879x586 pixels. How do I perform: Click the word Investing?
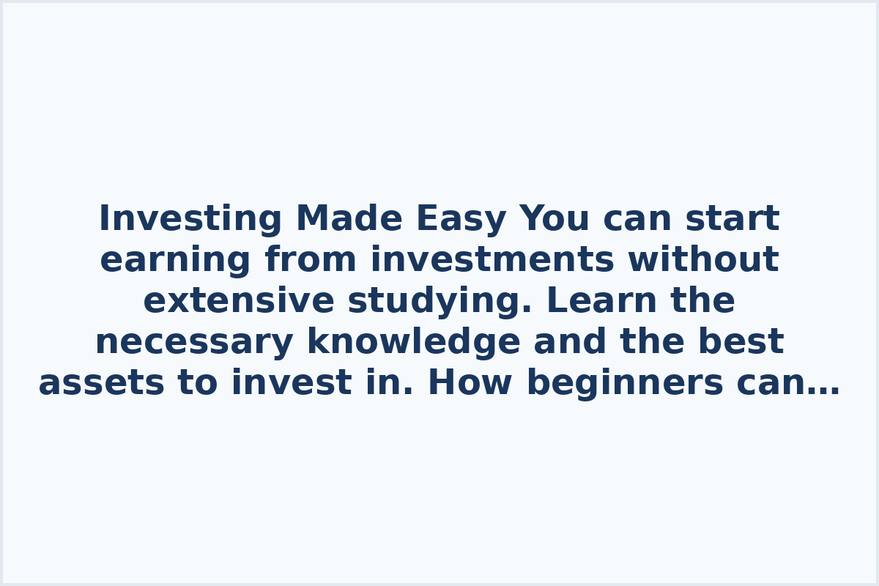189,219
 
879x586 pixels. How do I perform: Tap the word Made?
349,219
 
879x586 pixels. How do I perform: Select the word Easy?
461,219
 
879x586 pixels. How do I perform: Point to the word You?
555,219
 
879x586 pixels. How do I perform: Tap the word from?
311,260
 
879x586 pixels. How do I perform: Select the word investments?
492,260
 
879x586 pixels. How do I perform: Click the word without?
703,260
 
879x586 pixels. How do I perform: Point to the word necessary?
194,342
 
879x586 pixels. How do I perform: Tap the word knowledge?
413,342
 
